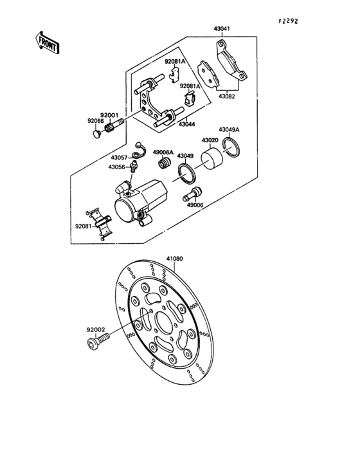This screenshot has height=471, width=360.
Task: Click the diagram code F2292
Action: (289, 21)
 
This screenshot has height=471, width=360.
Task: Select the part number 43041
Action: (222, 29)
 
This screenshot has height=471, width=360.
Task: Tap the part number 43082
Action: (227, 97)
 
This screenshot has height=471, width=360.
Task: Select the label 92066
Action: (95, 120)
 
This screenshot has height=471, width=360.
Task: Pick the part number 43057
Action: (118, 157)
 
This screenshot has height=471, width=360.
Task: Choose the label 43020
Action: (211, 140)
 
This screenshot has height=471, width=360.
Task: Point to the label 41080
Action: (175, 259)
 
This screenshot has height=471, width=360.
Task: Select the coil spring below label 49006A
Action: (166, 165)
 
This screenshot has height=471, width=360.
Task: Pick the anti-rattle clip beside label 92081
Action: (100, 223)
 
